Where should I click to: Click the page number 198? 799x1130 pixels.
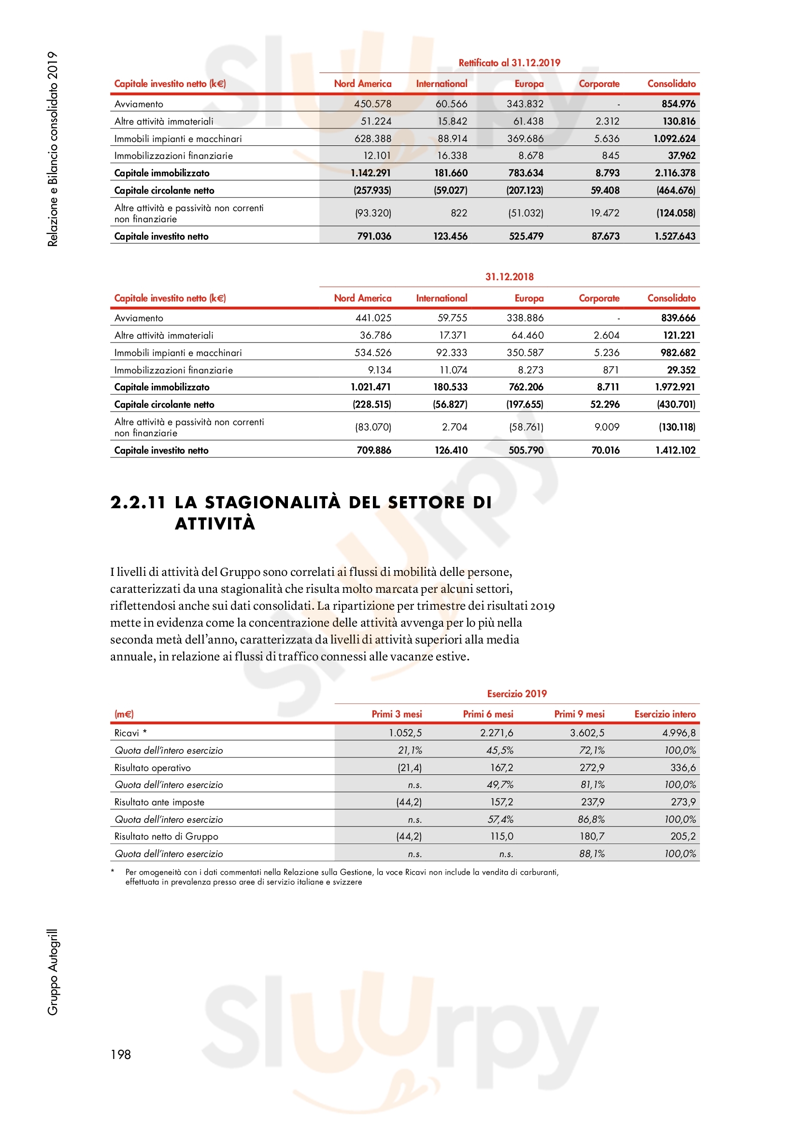[121, 1054]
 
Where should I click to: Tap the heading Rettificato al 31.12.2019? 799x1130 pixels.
[509, 62]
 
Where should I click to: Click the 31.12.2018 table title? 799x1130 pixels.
[509, 277]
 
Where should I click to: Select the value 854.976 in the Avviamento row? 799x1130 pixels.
[678, 104]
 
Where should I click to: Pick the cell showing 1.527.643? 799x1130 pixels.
[674, 236]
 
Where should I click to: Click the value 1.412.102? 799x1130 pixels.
[675, 450]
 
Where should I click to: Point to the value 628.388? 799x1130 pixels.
[372, 139]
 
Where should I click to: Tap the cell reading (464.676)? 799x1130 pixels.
[675, 190]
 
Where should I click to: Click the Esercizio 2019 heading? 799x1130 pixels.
[516, 693]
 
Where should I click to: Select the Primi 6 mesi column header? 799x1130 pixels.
[487, 714]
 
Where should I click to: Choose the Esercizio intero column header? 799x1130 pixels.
[665, 714]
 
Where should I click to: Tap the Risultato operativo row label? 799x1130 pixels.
[153, 768]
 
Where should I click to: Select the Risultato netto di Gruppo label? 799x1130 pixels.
[166, 836]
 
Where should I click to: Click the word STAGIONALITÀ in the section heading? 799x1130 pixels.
[272, 502]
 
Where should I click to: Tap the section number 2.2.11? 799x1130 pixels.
[138, 502]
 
